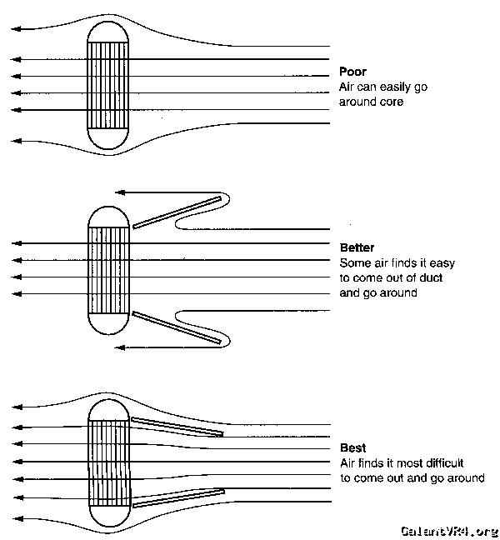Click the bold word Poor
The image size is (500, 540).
352,72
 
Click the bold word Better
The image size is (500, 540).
357,247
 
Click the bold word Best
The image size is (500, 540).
352,447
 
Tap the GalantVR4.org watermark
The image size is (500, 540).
448,530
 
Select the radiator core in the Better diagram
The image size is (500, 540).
109,268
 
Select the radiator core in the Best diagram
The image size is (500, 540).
109,462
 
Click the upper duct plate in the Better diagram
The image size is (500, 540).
178,212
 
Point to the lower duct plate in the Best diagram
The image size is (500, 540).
177,497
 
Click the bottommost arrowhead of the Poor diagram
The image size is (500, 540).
16,142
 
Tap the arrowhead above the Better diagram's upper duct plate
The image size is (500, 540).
120,192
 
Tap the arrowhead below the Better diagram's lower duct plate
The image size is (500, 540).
120,347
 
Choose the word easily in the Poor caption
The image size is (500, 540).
390,87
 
